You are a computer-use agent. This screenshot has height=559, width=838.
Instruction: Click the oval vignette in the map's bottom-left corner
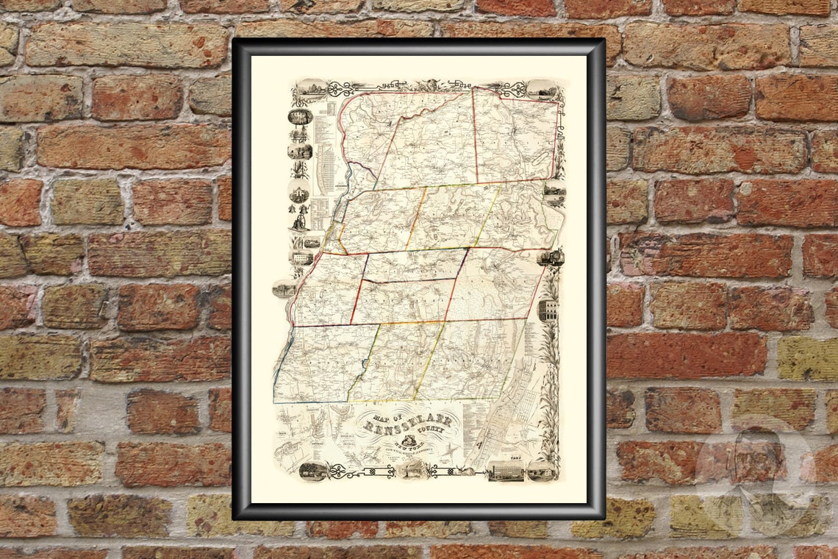pos(313,471)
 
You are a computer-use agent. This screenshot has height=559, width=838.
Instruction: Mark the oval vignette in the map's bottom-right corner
pos(541,471)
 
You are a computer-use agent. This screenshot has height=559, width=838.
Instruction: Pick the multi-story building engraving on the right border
pos(548,310)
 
